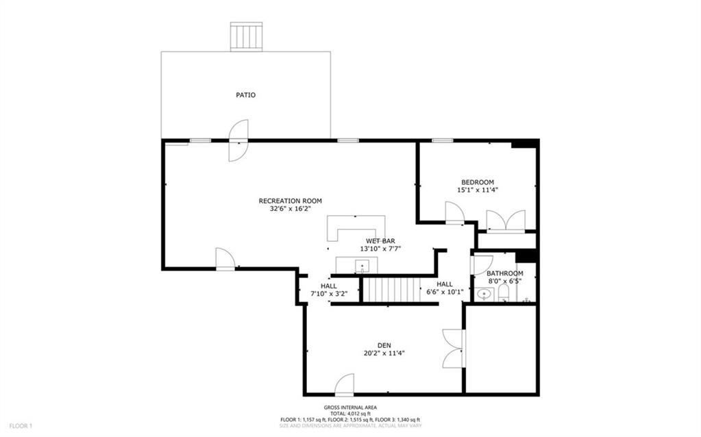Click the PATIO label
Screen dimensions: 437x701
pos(245,95)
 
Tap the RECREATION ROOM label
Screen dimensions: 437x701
pos(290,201)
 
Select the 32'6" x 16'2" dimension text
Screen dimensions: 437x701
pos(290,209)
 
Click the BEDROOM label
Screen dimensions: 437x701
pos(477,182)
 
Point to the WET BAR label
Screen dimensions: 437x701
pos(380,240)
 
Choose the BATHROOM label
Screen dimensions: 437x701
pos(504,273)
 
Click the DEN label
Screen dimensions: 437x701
pos(384,345)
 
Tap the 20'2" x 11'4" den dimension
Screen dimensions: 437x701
pos(384,353)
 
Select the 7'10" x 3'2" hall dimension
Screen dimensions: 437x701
pos(329,294)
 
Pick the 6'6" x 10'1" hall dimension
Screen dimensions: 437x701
pos(445,292)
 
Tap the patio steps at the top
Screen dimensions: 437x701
pos(246,36)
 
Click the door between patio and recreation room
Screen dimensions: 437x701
pos(238,141)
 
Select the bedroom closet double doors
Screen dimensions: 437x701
pos(506,221)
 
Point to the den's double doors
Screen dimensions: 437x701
pos(453,348)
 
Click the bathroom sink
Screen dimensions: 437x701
pos(484,295)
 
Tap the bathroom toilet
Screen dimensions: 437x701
pos(504,293)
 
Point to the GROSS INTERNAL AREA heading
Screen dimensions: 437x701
pos(349,408)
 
